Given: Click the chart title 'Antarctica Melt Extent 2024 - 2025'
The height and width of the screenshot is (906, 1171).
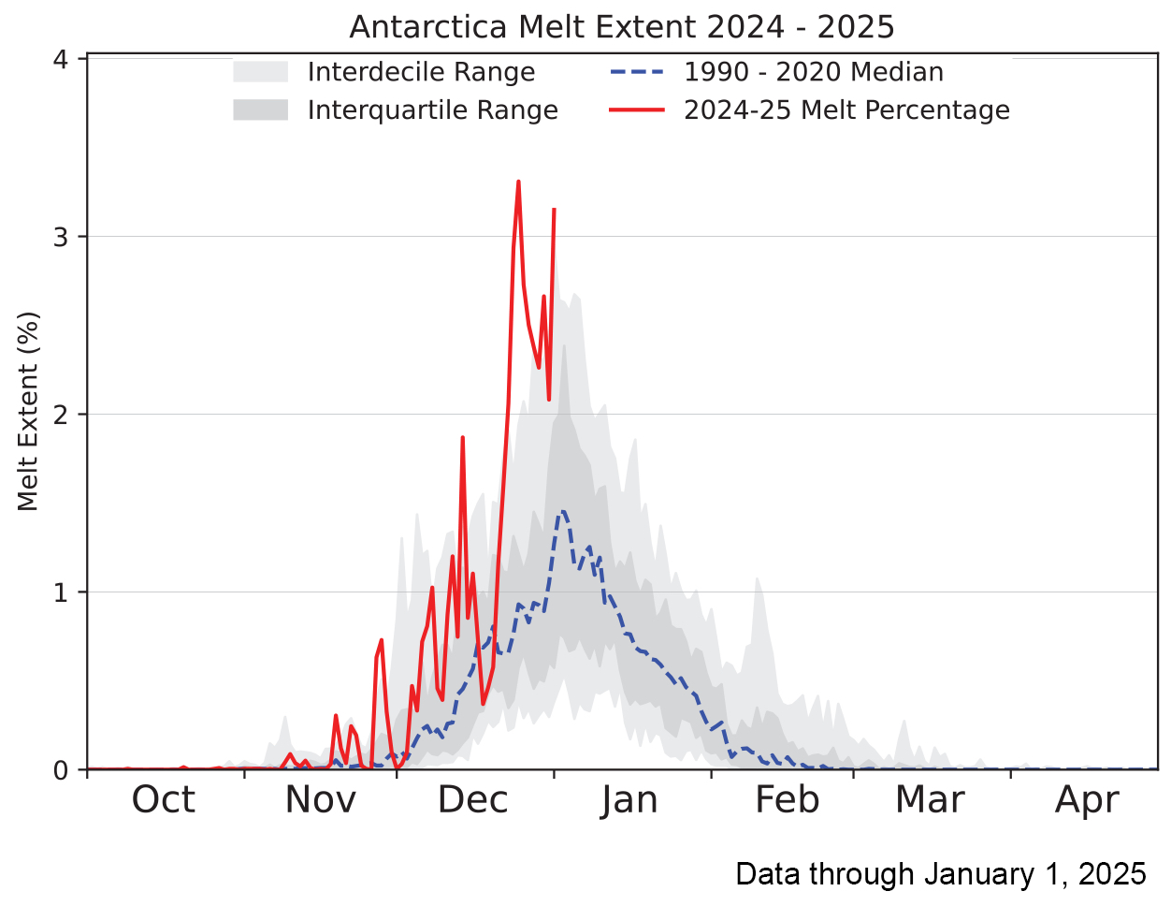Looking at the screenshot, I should click(x=622, y=26).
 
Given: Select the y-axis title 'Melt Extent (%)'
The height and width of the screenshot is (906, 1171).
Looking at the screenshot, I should click(x=28, y=412).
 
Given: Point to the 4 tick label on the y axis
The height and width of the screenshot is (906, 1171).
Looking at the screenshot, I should click(x=61, y=59).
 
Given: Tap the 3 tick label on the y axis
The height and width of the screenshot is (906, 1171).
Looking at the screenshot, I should click(x=61, y=237).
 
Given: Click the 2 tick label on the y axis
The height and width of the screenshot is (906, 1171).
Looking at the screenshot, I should click(x=61, y=415).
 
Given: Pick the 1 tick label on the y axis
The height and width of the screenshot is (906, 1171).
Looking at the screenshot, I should click(x=61, y=592).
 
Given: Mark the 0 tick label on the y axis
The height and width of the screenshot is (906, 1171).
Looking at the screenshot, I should click(x=61, y=770).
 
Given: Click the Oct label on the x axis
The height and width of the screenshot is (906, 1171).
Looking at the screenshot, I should click(x=164, y=800).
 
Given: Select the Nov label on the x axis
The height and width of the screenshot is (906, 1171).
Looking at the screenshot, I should click(x=320, y=800).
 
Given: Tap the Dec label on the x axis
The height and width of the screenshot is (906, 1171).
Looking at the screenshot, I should click(x=473, y=800).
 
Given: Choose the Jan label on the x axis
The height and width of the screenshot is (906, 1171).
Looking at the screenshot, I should click(x=629, y=800).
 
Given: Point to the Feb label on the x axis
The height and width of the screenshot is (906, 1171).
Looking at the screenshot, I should click(x=787, y=800).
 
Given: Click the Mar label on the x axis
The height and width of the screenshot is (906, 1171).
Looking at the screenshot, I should click(x=930, y=800).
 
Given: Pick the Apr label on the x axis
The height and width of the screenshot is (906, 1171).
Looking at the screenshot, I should click(x=1087, y=800).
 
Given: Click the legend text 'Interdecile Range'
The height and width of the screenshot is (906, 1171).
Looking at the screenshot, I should click(x=421, y=72).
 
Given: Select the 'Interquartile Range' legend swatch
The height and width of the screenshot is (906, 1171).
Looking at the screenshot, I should click(x=260, y=110).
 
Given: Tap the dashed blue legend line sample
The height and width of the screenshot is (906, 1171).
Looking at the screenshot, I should click(x=636, y=72).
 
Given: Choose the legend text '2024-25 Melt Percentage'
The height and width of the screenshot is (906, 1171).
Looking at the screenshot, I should click(x=846, y=110).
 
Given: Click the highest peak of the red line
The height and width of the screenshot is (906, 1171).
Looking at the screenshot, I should click(x=518, y=182).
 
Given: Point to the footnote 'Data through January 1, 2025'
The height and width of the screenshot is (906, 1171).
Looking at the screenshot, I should click(x=940, y=873).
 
